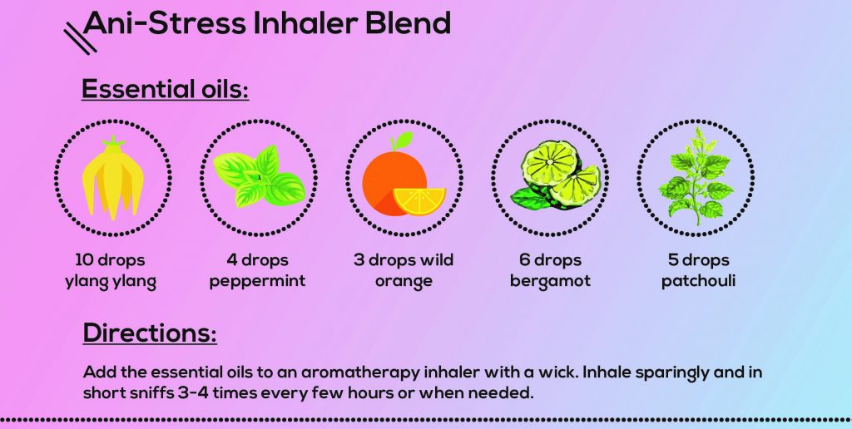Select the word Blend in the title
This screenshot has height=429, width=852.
pyautogui.click(x=408, y=22)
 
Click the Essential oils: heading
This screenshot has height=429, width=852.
pyautogui.click(x=165, y=89)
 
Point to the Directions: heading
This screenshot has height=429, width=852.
pyautogui.click(x=150, y=333)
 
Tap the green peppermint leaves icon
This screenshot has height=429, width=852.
pyautogui.click(x=258, y=176)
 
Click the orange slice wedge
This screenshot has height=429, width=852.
pyautogui.click(x=419, y=200)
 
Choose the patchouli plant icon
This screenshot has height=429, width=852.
pyautogui.click(x=695, y=175)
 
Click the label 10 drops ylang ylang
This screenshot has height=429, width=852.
pyautogui.click(x=111, y=271)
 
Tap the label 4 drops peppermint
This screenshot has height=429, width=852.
pyautogui.click(x=257, y=271)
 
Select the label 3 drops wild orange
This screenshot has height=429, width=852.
pyautogui.click(x=404, y=271)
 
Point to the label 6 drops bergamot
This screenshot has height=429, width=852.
pyautogui.click(x=550, y=271)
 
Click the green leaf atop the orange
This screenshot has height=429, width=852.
pyautogui.click(x=403, y=140)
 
